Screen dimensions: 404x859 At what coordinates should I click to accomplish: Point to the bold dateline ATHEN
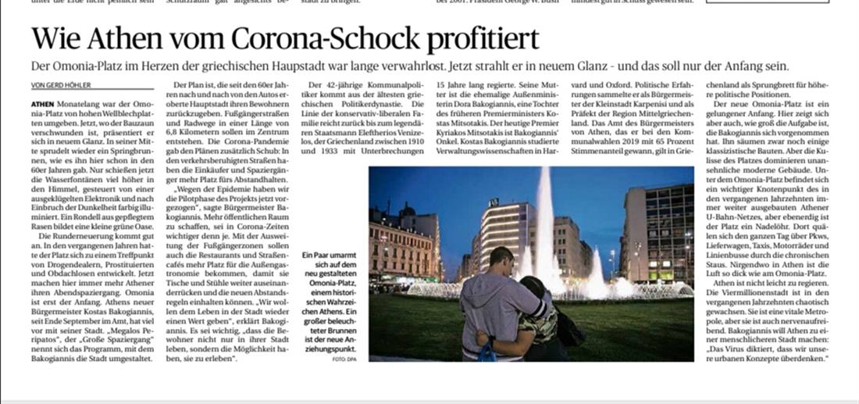[44, 104]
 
